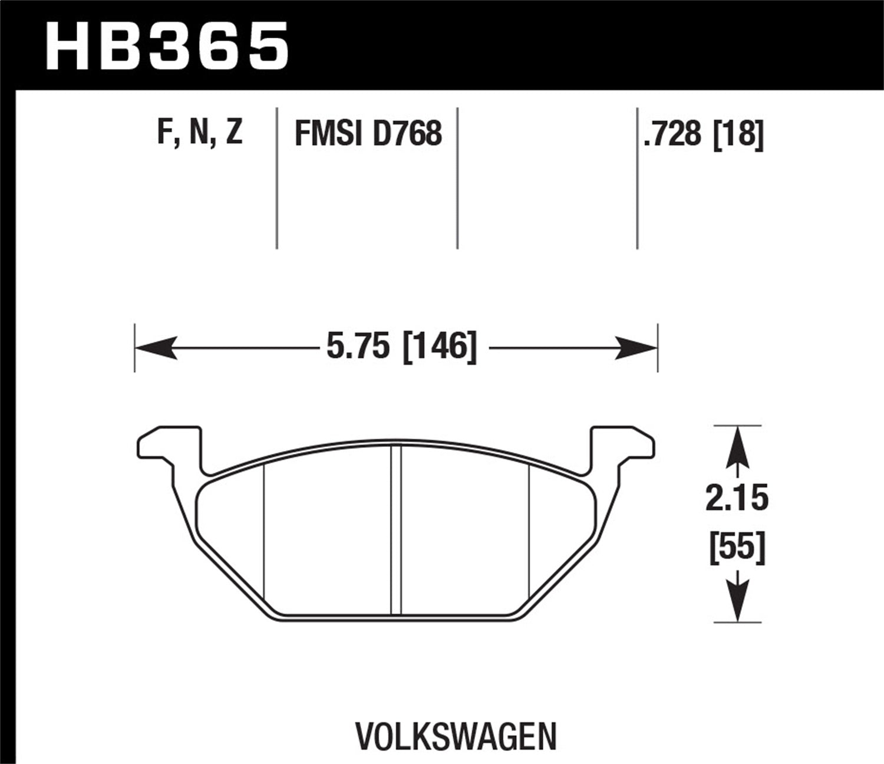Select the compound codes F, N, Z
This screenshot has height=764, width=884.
pos(200,133)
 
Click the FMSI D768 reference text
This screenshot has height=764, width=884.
pos(368,133)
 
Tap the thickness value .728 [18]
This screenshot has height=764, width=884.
pos(704,134)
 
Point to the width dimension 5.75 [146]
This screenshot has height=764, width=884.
pos(401,347)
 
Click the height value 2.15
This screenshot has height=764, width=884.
pos(737,499)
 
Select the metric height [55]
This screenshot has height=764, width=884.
pos(737,546)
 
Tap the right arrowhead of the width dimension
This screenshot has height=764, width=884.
pos(636,347)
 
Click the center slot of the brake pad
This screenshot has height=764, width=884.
pos(396,531)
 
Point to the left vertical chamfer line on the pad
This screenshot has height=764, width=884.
pos(265,531)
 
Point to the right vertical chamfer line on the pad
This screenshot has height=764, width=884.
pos(530,531)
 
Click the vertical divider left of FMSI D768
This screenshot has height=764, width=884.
pos(277,177)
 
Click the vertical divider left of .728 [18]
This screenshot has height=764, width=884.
pos(637,177)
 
